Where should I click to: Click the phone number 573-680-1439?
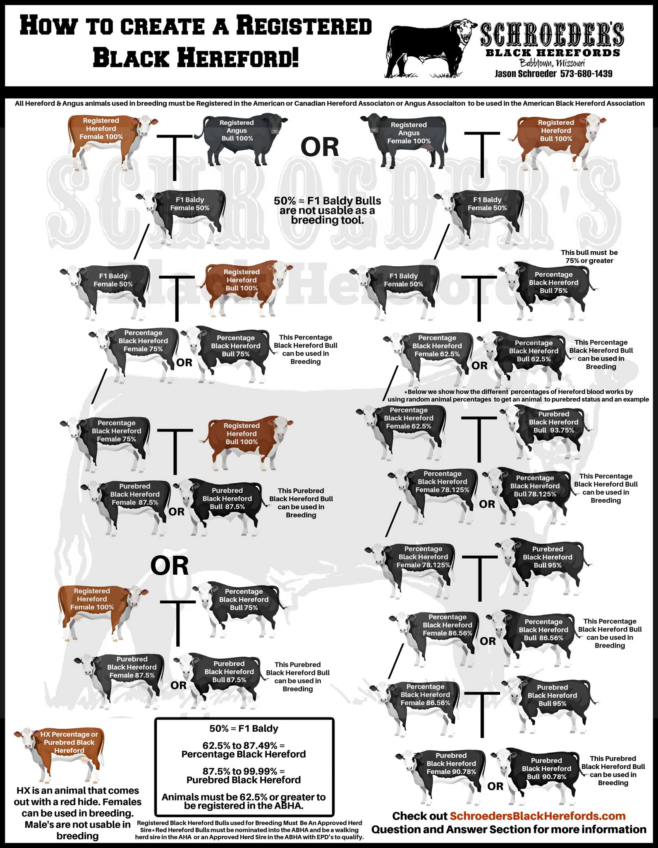[586, 74]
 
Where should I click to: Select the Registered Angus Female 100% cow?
[405, 139]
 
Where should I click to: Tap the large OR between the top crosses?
[319, 147]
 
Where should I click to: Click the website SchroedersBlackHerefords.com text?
[537, 816]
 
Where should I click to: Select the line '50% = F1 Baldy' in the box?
[244, 728]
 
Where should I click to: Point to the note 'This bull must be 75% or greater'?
[589, 256]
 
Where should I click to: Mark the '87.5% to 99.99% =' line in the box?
[244, 771]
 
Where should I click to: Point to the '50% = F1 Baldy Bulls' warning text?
[327, 201]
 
